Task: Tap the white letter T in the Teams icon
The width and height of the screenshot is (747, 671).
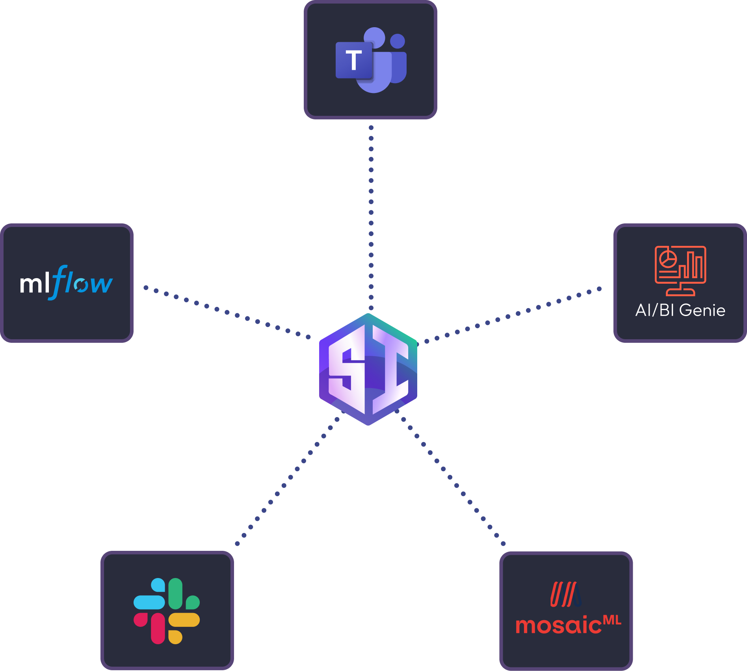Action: point(354,60)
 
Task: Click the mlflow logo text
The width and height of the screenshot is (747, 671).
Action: point(66,283)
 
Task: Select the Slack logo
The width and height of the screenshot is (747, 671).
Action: point(167,611)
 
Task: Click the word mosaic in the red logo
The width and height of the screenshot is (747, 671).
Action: point(558,625)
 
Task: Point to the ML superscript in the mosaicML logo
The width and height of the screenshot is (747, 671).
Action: point(612,620)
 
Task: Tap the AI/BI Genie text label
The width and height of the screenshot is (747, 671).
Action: point(680,310)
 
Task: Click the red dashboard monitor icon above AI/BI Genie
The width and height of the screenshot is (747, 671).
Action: point(680,270)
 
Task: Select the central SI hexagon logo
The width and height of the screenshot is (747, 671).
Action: point(368,369)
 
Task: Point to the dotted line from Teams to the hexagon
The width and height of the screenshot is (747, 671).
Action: point(371,213)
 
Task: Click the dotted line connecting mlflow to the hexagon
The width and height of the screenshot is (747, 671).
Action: point(227,312)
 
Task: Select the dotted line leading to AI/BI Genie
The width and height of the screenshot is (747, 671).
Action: point(508,316)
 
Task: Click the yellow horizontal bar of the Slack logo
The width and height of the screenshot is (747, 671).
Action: point(184,620)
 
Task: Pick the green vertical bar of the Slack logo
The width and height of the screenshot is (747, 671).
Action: point(175,593)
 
